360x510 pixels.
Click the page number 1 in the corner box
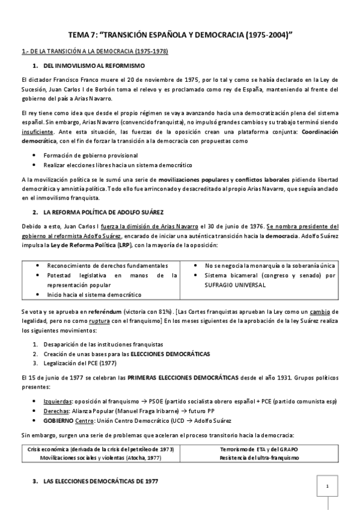click(x=327, y=486)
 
